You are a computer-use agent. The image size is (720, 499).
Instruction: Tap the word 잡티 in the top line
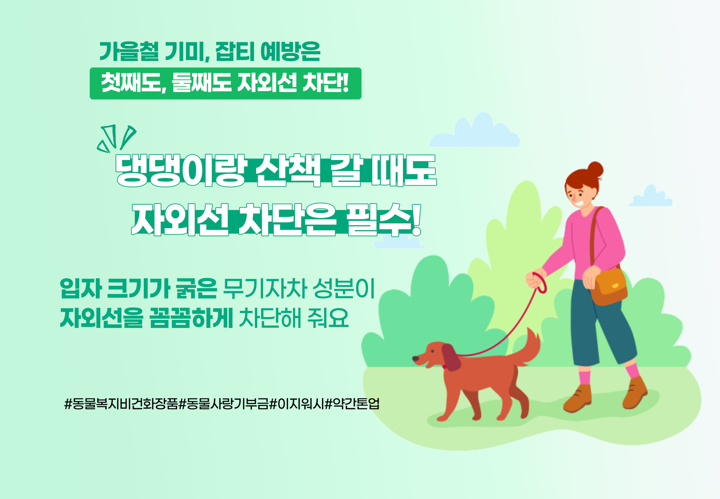(234, 51)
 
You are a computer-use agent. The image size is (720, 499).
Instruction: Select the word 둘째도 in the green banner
(202, 83)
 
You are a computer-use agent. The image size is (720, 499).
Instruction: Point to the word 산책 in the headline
(288, 171)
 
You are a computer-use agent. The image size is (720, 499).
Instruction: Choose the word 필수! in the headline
(384, 220)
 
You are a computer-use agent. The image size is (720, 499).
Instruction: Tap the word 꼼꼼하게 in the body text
(191, 318)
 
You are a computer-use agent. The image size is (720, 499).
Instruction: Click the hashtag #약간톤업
(352, 404)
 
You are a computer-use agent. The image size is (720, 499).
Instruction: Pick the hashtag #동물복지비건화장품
(121, 404)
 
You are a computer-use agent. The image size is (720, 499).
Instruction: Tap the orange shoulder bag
(608, 287)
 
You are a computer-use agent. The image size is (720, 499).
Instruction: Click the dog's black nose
(415, 359)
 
